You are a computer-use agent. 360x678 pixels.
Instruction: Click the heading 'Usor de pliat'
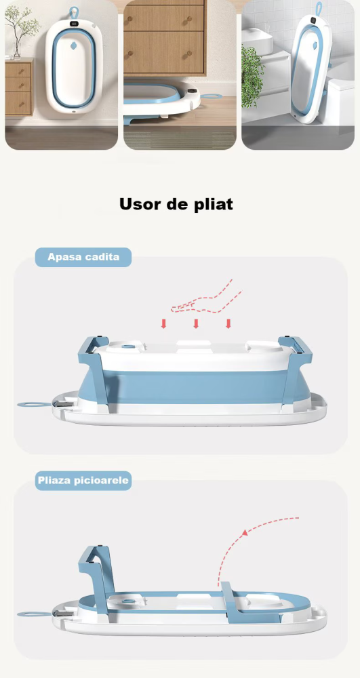[176, 204]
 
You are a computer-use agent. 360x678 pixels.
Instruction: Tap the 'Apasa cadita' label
[83, 258]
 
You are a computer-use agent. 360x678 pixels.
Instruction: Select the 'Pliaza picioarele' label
[83, 481]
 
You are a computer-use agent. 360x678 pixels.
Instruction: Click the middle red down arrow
[196, 324]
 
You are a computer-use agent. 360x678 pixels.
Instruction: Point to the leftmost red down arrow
[163, 324]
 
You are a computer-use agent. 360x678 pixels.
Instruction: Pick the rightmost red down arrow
[228, 324]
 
